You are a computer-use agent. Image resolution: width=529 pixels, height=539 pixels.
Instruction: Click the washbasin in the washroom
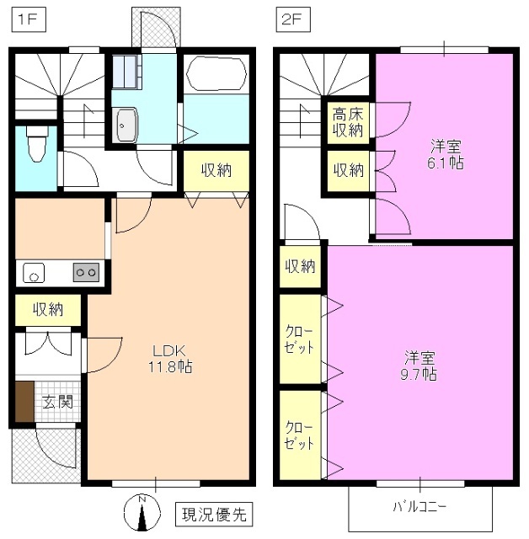pyautogui.click(x=126, y=126)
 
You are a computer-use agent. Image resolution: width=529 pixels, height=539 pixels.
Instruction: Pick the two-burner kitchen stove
pyautogui.click(x=86, y=272)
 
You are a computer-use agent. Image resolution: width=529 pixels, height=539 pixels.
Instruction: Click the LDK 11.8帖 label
pyautogui.click(x=168, y=358)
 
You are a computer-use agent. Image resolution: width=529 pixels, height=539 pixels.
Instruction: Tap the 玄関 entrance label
pyautogui.click(x=57, y=401)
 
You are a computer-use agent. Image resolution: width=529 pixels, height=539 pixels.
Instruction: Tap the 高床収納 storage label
pyautogui.click(x=347, y=123)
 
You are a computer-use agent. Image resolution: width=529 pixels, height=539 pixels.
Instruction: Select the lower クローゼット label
pyautogui.click(x=299, y=434)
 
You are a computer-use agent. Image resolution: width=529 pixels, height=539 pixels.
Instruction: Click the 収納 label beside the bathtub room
pyautogui.click(x=216, y=171)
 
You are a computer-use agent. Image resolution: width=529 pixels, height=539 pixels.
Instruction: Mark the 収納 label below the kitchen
pyautogui.click(x=48, y=309)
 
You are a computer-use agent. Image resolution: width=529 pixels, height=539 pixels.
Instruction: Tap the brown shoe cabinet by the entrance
pyautogui.click(x=24, y=401)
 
